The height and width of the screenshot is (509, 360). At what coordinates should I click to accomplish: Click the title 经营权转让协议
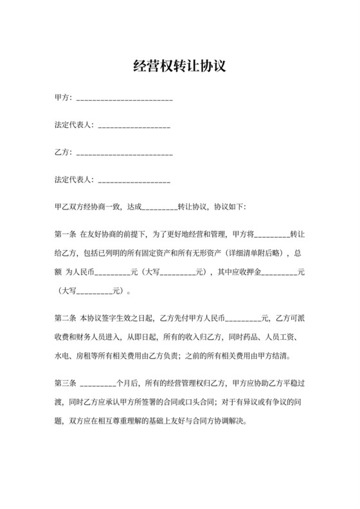(179, 66)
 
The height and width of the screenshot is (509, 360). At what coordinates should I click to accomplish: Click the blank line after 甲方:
(124, 98)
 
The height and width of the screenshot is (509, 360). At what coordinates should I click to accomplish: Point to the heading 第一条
(66, 235)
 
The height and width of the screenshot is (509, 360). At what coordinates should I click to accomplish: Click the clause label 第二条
(66, 317)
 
